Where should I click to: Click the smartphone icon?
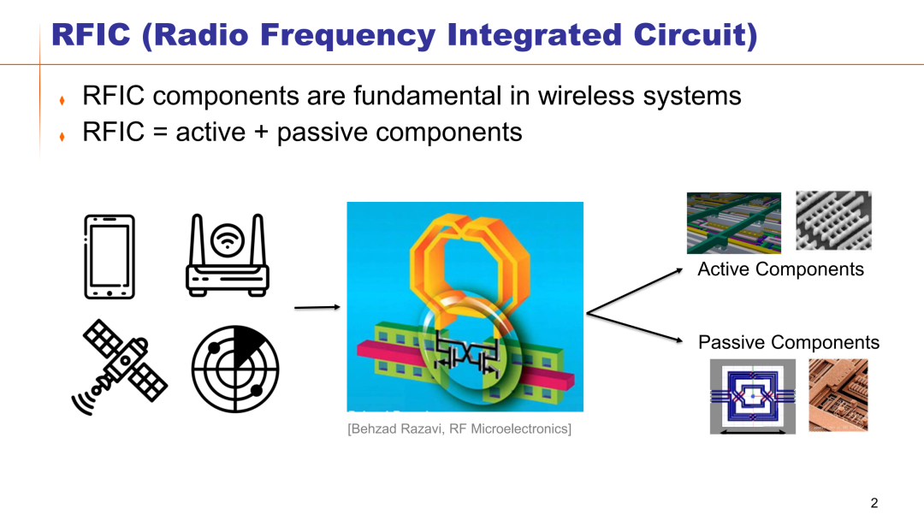pos(110,257)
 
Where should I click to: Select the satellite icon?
pos(119,367)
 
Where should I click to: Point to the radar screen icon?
pos(235,369)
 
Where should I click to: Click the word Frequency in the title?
pos(347,34)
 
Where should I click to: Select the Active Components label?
pos(781,269)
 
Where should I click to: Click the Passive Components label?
pos(789,342)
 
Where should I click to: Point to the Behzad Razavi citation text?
pos(459,428)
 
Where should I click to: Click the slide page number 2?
pos(874,503)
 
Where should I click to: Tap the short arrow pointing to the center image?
pos(317,307)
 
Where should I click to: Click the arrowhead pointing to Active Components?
pos(678,270)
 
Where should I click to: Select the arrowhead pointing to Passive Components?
pos(678,340)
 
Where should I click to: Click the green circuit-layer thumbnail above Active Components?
pos(734,223)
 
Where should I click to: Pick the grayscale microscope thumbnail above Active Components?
pos(833,221)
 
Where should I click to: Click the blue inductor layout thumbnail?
pos(753,396)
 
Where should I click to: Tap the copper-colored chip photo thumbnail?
pos(838,395)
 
